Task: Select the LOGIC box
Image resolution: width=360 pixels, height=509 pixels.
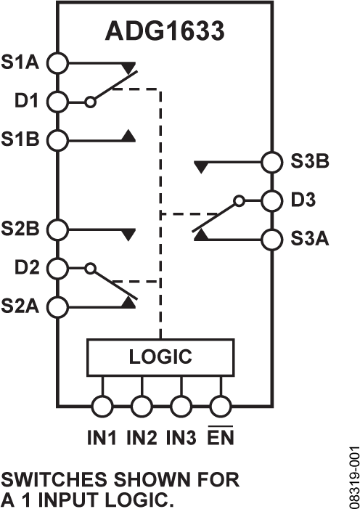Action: click(160, 357)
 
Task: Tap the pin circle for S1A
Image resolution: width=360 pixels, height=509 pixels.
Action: click(57, 63)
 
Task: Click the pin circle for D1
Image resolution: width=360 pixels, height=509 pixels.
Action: click(57, 102)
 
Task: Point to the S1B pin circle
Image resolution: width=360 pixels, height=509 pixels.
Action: click(57, 138)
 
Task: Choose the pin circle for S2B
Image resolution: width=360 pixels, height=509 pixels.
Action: click(57, 229)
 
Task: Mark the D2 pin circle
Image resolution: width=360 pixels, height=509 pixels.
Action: click(57, 268)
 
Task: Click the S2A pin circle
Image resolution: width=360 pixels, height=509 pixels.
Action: click(57, 305)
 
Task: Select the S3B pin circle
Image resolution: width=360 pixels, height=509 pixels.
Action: click(271, 161)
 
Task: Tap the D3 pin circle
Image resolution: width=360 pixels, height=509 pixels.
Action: click(271, 199)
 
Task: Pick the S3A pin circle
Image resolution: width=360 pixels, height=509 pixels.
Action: click(271, 237)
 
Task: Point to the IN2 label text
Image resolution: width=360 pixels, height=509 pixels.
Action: click(142, 439)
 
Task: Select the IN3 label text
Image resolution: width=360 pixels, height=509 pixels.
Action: click(181, 439)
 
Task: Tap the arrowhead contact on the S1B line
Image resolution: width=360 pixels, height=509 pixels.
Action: click(128, 135)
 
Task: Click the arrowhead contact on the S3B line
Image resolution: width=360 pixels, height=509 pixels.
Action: click(201, 166)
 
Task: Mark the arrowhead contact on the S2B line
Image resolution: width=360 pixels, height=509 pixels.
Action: click(128, 234)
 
